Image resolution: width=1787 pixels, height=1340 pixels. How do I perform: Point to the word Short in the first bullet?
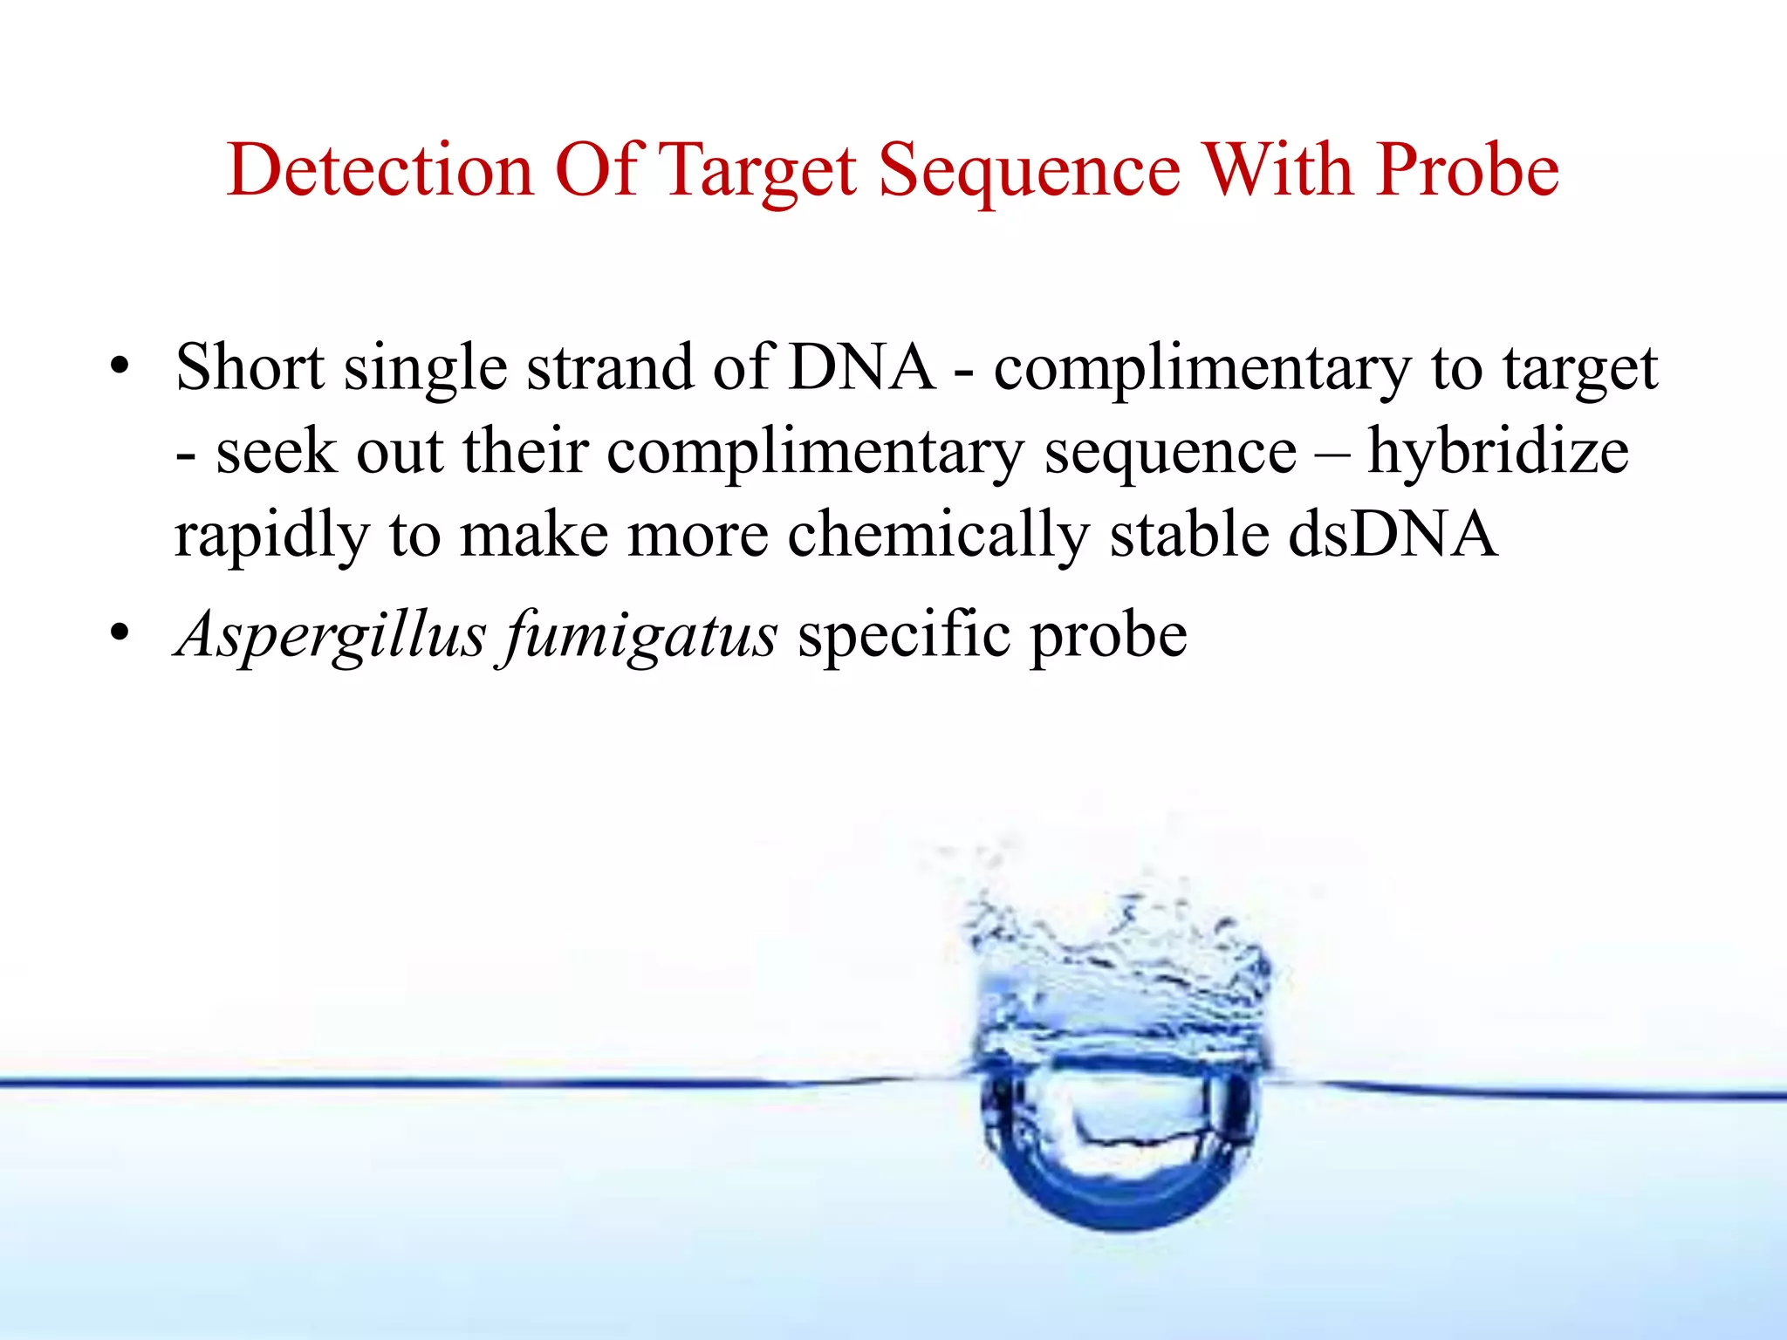(250, 366)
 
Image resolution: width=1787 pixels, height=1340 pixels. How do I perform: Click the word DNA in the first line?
(860, 366)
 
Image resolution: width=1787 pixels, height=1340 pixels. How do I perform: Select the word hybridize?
(1497, 451)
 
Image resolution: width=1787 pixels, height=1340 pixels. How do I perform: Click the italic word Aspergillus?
(331, 634)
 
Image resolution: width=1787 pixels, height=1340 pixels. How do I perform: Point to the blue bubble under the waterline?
(1120, 1143)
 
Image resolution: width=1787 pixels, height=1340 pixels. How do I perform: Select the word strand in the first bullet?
(609, 366)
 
